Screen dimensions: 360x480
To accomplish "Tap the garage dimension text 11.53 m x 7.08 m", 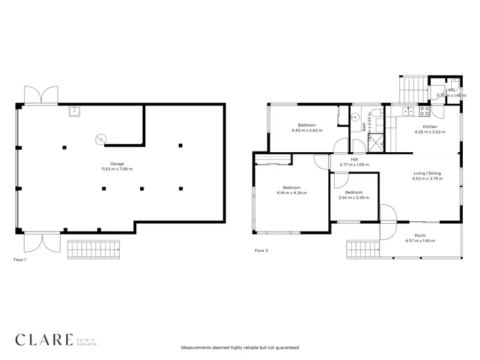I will [116, 169].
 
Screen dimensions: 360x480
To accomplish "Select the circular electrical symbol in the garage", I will [100, 138].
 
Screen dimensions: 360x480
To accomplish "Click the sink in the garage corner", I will [74, 111].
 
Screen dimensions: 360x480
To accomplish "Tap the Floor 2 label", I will [261, 251].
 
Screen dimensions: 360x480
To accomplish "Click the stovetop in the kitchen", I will [424, 110].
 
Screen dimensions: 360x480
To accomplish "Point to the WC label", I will [451, 90].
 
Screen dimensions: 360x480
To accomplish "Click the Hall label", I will [354, 159].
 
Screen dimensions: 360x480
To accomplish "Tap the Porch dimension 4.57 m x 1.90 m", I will [420, 242].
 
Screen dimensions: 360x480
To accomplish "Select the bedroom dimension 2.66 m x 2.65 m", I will [353, 198].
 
